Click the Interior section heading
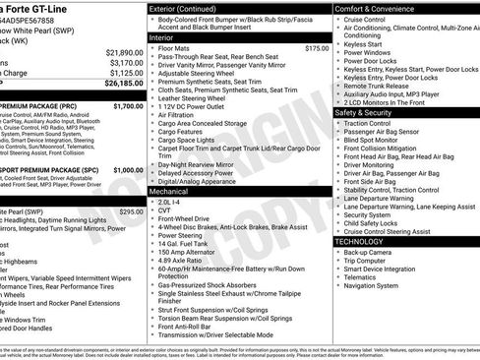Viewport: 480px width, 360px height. [x=161, y=36]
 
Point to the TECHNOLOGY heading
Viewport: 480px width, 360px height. [x=359, y=241]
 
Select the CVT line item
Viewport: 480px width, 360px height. [x=164, y=210]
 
